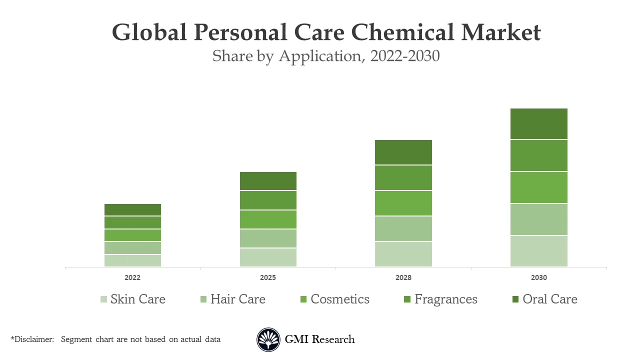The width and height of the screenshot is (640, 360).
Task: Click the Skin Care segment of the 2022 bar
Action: click(x=132, y=260)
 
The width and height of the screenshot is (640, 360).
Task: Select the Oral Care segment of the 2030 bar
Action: click(x=539, y=123)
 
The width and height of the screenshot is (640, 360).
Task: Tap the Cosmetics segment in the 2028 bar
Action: click(x=403, y=203)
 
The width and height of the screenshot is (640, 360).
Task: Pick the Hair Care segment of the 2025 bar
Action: click(x=268, y=238)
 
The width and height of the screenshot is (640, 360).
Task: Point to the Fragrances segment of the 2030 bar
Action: click(x=539, y=155)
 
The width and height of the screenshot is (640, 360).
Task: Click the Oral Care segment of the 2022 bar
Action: click(x=132, y=209)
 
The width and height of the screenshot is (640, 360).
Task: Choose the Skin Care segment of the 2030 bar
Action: click(x=539, y=251)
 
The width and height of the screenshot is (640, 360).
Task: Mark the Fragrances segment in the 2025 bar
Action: click(x=268, y=200)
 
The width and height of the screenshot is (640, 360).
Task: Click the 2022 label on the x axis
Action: click(x=132, y=277)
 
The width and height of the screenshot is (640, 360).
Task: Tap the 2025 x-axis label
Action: click(x=268, y=277)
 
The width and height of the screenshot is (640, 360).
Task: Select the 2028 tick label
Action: click(x=403, y=277)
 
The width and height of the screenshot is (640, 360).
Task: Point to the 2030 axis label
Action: click(x=539, y=277)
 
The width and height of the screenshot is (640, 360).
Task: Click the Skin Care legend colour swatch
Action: click(x=103, y=299)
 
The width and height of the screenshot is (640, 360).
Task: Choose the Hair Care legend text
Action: click(x=238, y=299)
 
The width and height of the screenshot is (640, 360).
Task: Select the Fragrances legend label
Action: click(x=446, y=299)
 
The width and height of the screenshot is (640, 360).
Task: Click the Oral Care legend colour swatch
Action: click(x=515, y=299)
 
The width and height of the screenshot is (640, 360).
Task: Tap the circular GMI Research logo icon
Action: click(x=268, y=340)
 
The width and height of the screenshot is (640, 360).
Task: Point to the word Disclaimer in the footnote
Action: click(x=33, y=339)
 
